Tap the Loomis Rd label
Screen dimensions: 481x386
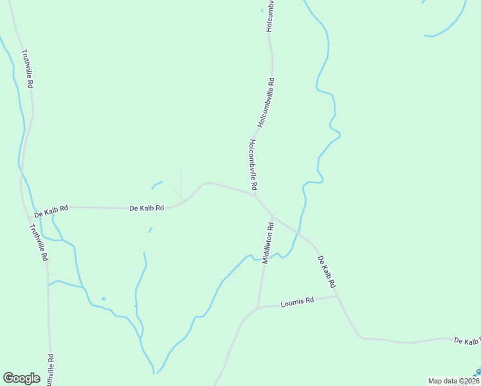(298, 301)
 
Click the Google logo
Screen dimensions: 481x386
(21, 378)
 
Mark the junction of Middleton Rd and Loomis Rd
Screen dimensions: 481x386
(259, 308)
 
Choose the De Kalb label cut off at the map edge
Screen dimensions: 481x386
(467, 340)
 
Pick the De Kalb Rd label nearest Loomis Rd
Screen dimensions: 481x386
(327, 271)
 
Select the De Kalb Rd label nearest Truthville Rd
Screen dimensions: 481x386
(51, 209)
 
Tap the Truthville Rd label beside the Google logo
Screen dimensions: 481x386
(50, 369)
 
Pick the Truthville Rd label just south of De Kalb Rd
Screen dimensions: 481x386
(38, 243)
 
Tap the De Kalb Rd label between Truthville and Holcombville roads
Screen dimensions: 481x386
(147, 208)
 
